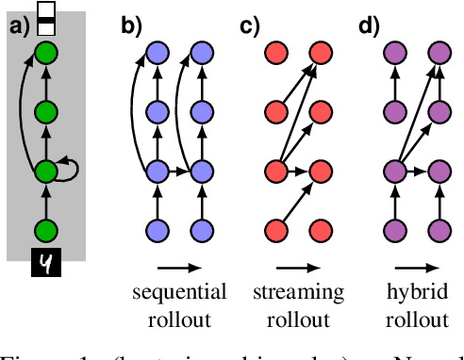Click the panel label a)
click(20, 25)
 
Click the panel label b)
click(131, 25)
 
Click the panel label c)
click(250, 25)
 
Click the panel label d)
click(369, 25)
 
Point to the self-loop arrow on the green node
click(70, 171)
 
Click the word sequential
click(179, 291)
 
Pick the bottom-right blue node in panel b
click(201, 230)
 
